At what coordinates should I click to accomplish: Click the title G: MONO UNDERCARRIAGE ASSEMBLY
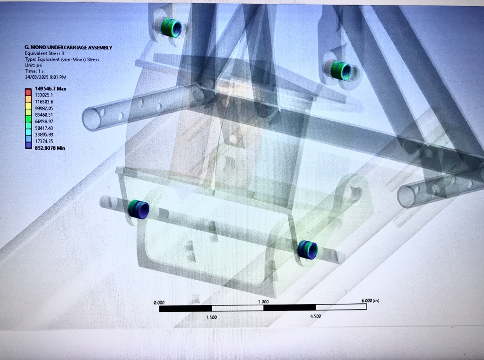[68, 48]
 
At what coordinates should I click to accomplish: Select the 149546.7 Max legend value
[50, 89]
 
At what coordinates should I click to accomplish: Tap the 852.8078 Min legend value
[50, 148]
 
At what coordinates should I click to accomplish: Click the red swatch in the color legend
[28, 92]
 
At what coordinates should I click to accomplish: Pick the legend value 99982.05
[44, 108]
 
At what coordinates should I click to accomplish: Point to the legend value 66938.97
[44, 121]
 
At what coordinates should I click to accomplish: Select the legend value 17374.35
[44, 141]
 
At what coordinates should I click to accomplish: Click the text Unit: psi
[34, 65]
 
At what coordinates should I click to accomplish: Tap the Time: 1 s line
[34, 71]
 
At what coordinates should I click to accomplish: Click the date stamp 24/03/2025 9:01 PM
[46, 77]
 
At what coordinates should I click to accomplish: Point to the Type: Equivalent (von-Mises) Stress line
[62, 60]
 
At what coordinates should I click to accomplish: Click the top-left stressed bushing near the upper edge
[172, 28]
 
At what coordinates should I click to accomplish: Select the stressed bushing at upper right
[341, 70]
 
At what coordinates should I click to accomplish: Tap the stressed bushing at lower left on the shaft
[138, 209]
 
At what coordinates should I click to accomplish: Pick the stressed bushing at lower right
[307, 249]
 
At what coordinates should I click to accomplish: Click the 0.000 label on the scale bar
[159, 303]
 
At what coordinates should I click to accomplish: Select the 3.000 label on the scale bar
[263, 302]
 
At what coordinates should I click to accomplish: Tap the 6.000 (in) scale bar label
[370, 300]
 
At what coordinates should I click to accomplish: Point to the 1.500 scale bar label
[211, 317]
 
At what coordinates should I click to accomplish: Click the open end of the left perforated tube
[92, 119]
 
